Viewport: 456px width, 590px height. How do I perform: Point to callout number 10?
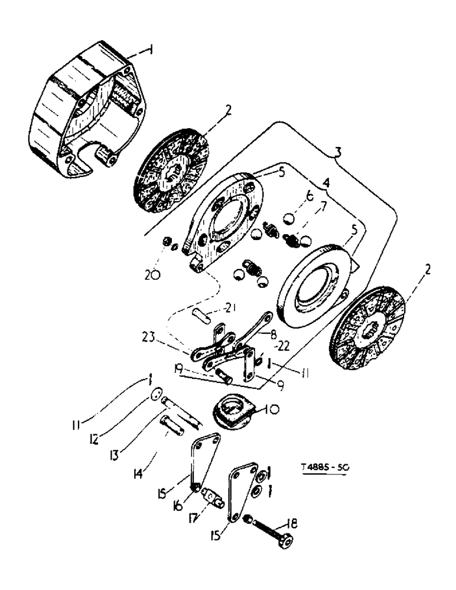[275, 408]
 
